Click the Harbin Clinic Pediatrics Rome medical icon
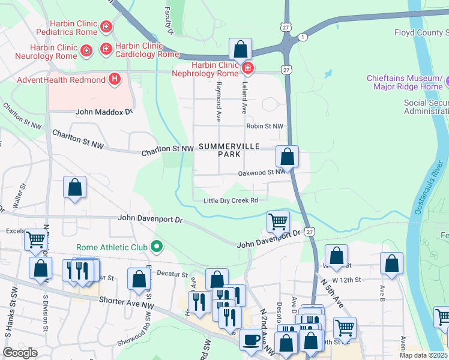pyautogui.click(x=106, y=26)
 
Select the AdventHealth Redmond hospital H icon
pyautogui.click(x=114, y=79)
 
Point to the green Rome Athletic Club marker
pyautogui.click(x=157, y=246)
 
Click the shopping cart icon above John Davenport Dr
pyautogui.click(x=278, y=221)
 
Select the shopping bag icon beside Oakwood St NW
pyautogui.click(x=288, y=157)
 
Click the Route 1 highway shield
pyautogui.click(x=303, y=37)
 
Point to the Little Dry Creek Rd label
pyautogui.click(x=231, y=200)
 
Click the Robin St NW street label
pyautogui.click(x=264, y=127)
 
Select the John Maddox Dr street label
pyautogui.click(x=103, y=112)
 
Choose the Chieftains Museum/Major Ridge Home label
pyautogui.click(x=408, y=83)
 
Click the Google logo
pyautogui.click(x=20, y=352)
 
